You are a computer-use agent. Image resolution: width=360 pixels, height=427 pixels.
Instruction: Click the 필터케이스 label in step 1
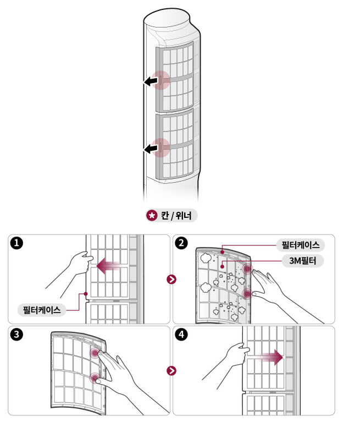[x=42, y=309]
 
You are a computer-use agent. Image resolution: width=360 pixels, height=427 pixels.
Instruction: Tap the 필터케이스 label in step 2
[x=300, y=244]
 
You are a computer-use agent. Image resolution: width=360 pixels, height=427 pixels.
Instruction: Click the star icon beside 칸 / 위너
[x=152, y=216]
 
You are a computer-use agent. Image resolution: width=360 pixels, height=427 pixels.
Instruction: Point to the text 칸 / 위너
[x=175, y=216]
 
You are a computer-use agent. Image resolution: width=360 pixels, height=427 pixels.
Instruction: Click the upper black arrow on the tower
[x=150, y=82]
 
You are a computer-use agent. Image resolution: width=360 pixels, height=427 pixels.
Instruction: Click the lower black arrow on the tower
[x=150, y=148]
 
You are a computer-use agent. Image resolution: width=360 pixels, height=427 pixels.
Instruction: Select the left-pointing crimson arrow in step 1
[x=108, y=266]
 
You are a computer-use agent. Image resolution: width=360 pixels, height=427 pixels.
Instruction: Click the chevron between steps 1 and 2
[x=173, y=279]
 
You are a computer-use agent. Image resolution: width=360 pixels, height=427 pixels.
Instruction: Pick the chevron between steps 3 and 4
[x=173, y=370]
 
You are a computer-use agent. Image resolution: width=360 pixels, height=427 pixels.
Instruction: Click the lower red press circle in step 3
[x=96, y=378]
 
